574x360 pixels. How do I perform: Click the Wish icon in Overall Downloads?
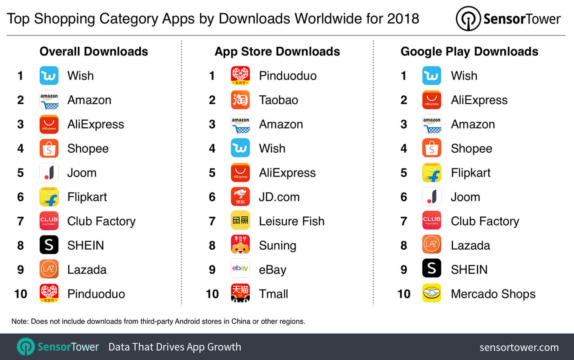(49, 76)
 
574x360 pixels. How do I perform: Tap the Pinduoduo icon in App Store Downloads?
(240, 76)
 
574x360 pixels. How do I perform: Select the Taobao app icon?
(240, 100)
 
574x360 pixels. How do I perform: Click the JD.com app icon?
(240, 197)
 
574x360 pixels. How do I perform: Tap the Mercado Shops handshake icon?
(431, 293)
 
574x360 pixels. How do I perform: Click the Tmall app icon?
(240, 293)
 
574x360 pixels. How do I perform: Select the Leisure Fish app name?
(291, 221)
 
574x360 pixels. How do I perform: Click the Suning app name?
(277, 246)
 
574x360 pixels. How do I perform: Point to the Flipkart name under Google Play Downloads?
(470, 173)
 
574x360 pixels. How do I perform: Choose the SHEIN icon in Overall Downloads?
(49, 245)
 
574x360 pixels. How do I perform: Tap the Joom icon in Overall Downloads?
(49, 173)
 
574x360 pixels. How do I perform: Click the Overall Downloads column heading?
(94, 51)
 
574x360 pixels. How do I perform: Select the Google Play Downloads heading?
(469, 51)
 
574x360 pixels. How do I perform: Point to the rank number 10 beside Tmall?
(212, 294)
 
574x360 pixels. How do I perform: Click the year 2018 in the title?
(403, 19)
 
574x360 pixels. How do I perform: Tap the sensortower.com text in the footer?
(519, 347)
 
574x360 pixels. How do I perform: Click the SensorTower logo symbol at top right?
(468, 19)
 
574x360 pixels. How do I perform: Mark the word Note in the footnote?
(20, 321)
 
